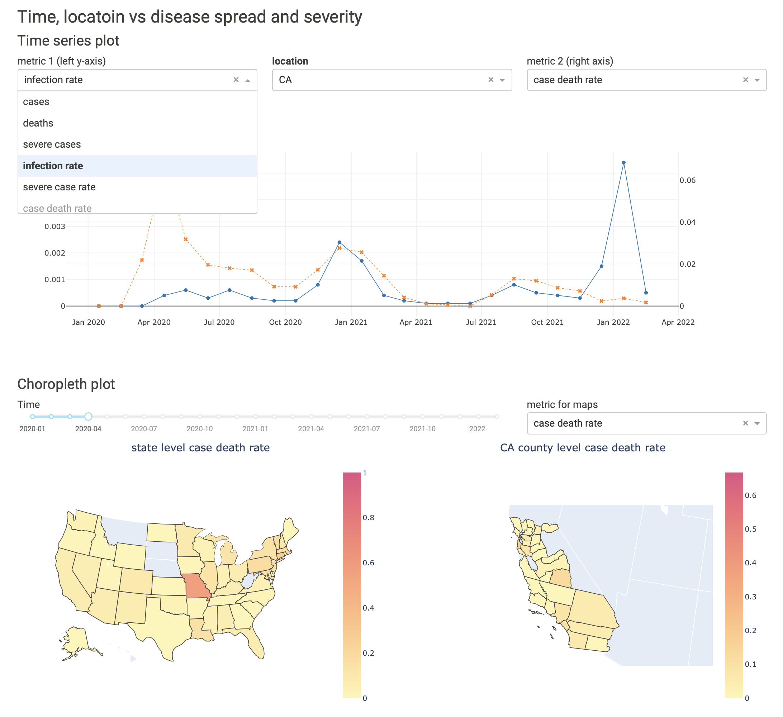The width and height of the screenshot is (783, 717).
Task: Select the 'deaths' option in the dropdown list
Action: pyautogui.click(x=38, y=123)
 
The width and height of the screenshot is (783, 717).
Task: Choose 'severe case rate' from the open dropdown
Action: pyautogui.click(x=59, y=187)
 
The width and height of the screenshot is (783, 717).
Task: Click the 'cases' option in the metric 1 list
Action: pyautogui.click(x=36, y=102)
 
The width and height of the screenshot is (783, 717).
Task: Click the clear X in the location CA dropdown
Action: pyautogui.click(x=490, y=80)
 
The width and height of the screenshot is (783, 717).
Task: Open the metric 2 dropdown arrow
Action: pyautogui.click(x=756, y=80)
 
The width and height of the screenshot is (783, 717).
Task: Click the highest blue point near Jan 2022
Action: pyautogui.click(x=623, y=163)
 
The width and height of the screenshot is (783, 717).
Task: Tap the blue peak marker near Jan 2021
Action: pyautogui.click(x=339, y=242)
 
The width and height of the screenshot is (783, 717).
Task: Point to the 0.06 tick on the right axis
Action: pyautogui.click(x=688, y=180)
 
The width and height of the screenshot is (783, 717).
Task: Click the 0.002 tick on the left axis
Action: pyautogui.click(x=55, y=253)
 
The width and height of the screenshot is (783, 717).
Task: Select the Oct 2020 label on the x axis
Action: pyautogui.click(x=285, y=322)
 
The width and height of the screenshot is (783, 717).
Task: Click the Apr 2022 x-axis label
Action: pyautogui.click(x=678, y=322)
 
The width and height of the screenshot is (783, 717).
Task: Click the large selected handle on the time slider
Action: pyautogui.click(x=88, y=416)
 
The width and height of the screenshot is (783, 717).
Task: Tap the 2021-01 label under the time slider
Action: pyautogui.click(x=255, y=429)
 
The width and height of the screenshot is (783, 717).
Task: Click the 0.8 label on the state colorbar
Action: pyautogui.click(x=368, y=517)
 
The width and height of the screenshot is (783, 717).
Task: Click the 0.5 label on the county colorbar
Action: pyautogui.click(x=750, y=529)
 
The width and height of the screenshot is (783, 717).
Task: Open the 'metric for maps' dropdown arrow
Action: pyautogui.click(x=756, y=423)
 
